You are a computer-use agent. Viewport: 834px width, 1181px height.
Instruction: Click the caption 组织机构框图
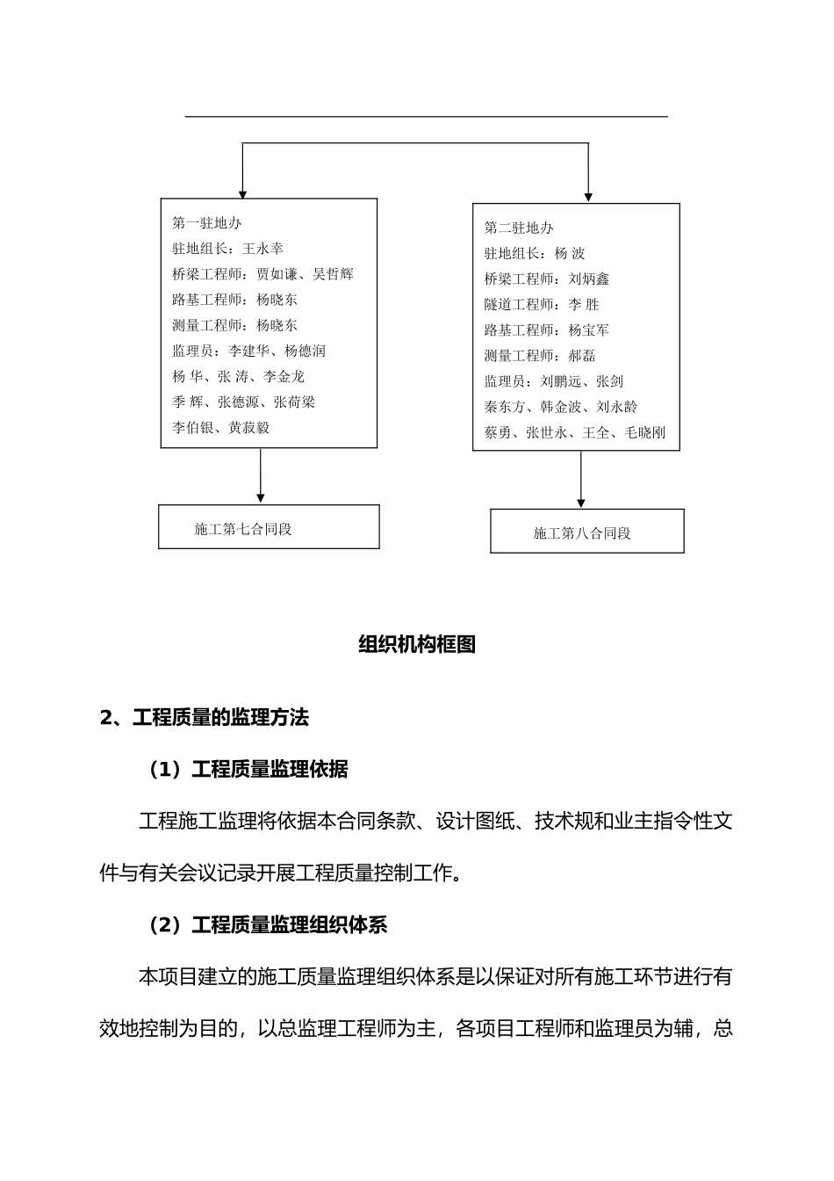click(417, 644)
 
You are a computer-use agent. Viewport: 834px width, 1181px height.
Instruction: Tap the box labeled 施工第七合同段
click(269, 527)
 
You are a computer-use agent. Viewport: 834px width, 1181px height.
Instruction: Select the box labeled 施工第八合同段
click(586, 532)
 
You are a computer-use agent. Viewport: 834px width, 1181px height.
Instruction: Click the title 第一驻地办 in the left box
click(206, 223)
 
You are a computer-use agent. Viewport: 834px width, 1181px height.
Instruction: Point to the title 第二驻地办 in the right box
click(519, 228)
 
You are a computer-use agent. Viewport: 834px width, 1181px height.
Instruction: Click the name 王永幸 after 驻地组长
click(262, 249)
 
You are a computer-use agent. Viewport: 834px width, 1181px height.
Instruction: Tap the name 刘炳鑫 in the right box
click(589, 279)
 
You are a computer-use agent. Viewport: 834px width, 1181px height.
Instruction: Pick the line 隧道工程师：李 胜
click(541, 304)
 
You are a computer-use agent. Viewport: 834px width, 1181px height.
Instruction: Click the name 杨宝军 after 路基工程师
click(589, 330)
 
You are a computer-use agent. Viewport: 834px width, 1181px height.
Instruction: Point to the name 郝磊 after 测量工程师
click(582, 356)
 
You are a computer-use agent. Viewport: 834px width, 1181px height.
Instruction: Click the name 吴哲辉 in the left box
click(333, 274)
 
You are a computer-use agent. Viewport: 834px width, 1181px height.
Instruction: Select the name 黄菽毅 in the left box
click(249, 428)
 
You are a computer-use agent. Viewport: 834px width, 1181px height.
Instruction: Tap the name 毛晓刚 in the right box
click(645, 432)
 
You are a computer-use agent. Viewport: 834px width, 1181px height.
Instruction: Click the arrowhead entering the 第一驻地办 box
click(243, 193)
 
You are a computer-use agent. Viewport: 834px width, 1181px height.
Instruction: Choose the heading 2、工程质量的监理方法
click(205, 718)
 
